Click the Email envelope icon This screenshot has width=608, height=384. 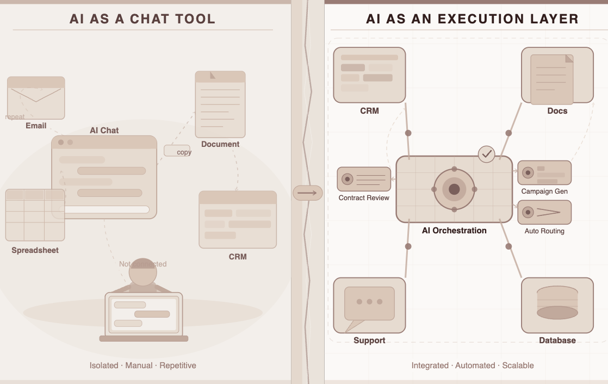[x=36, y=97]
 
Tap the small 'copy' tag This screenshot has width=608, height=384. [x=177, y=151]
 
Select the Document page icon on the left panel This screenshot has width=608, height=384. [x=220, y=104]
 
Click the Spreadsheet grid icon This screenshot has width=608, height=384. [x=35, y=215]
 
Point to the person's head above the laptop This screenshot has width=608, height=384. [x=143, y=271]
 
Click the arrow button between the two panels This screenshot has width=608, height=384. [x=308, y=193]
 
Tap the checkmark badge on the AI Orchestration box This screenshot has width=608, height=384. [x=487, y=154]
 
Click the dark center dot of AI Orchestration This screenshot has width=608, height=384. [x=454, y=189]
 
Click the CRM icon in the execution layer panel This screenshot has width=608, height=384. [x=369, y=75]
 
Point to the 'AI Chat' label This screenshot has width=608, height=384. [x=104, y=131]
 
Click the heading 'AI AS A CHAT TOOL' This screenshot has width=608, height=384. [x=142, y=19]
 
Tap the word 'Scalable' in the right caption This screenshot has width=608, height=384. [x=518, y=366]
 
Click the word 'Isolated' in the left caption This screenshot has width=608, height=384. [x=104, y=366]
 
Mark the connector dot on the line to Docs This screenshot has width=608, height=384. [x=509, y=133]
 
